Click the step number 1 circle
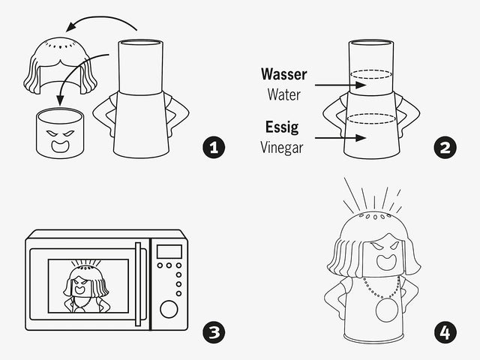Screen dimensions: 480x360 (214, 147)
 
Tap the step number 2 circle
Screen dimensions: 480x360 (445, 147)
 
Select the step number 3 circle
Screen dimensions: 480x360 (214, 332)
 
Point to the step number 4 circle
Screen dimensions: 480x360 (445, 332)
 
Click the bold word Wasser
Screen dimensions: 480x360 (283, 74)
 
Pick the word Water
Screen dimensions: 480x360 (283, 94)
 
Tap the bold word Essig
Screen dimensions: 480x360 (282, 127)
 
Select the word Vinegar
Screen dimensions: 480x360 (282, 148)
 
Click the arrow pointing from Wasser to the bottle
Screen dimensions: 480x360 (340, 85)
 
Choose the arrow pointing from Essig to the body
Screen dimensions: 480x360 (340, 138)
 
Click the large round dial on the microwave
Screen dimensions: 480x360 (169, 309)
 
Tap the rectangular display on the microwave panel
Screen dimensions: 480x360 (169, 252)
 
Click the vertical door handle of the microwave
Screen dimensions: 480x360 (138, 284)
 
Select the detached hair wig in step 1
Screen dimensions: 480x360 (60, 66)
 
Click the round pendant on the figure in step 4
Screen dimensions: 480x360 (387, 310)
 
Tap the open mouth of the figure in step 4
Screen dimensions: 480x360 (386, 262)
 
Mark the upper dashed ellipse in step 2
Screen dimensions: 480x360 (371, 74)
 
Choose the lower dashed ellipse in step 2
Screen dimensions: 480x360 (371, 118)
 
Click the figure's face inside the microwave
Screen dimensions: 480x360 (82, 285)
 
